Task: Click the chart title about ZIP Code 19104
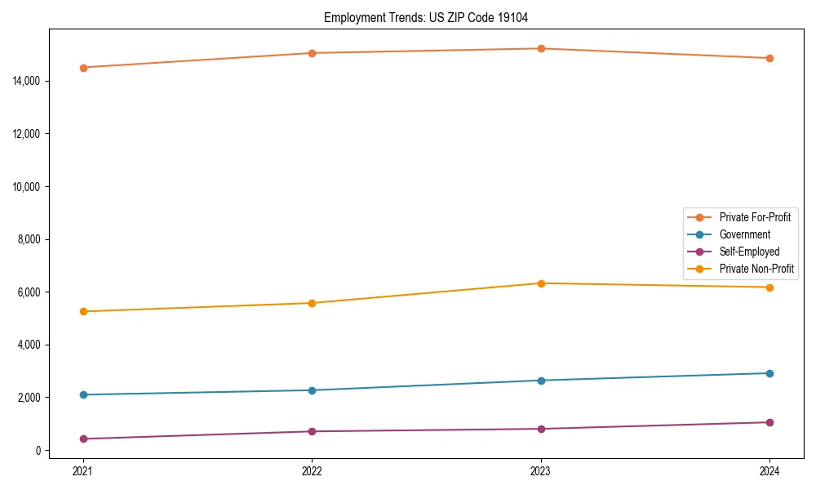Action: (x=432, y=17)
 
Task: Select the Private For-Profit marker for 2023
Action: (x=541, y=48)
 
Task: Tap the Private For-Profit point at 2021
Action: (x=82, y=68)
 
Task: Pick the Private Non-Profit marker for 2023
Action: (x=541, y=283)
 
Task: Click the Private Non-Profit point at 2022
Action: (x=312, y=303)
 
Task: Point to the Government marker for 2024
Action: (x=769, y=373)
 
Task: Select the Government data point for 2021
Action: (x=82, y=394)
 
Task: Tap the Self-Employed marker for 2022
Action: (x=312, y=431)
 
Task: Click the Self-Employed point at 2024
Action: (x=769, y=422)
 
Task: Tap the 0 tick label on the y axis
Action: (x=38, y=450)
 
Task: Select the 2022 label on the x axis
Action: (x=312, y=470)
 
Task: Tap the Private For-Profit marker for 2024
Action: (x=769, y=58)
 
